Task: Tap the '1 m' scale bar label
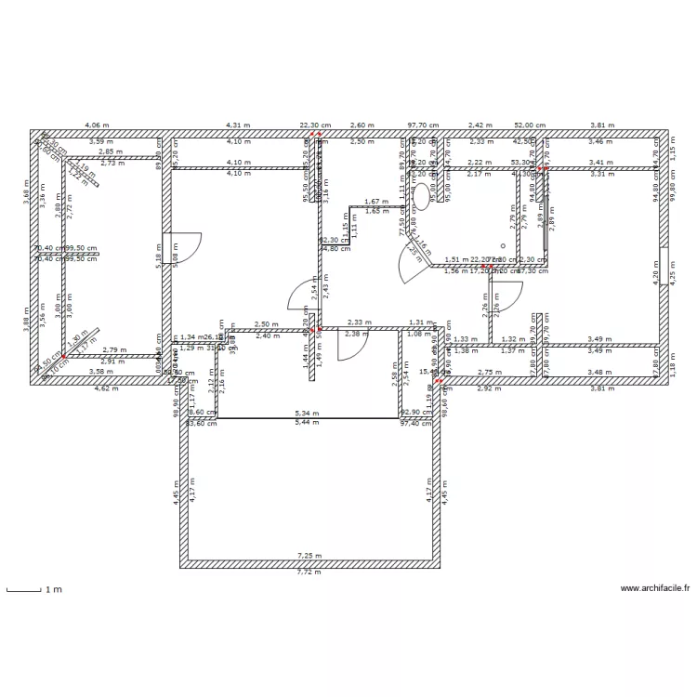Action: click(x=54, y=589)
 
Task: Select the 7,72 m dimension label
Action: click(x=308, y=572)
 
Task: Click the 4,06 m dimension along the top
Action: click(x=97, y=125)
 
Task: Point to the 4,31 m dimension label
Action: click(x=239, y=125)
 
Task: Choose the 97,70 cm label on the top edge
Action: click(x=423, y=125)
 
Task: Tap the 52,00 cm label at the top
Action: click(x=531, y=125)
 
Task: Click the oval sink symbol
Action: click(x=421, y=195)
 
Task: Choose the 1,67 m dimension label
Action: click(x=375, y=202)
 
